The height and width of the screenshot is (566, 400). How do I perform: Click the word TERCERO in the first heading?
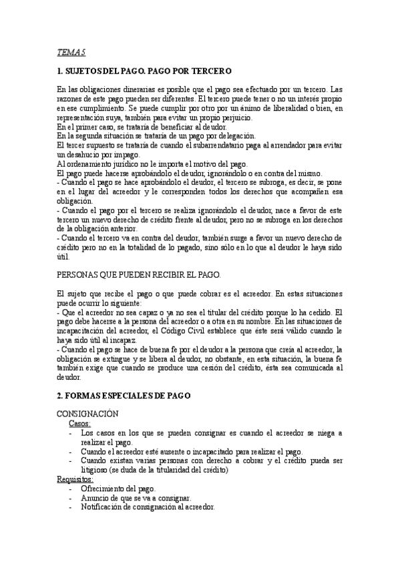[x=210, y=70]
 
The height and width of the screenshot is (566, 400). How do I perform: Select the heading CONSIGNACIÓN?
[x=87, y=414]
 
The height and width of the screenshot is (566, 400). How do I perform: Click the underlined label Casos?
[x=80, y=423]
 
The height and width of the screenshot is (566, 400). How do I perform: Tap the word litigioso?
[x=96, y=470]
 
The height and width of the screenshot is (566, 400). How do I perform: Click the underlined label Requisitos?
[x=75, y=479]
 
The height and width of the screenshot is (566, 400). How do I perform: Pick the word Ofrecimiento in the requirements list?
[x=107, y=488]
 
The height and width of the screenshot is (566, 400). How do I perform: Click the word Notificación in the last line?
[x=108, y=507]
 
